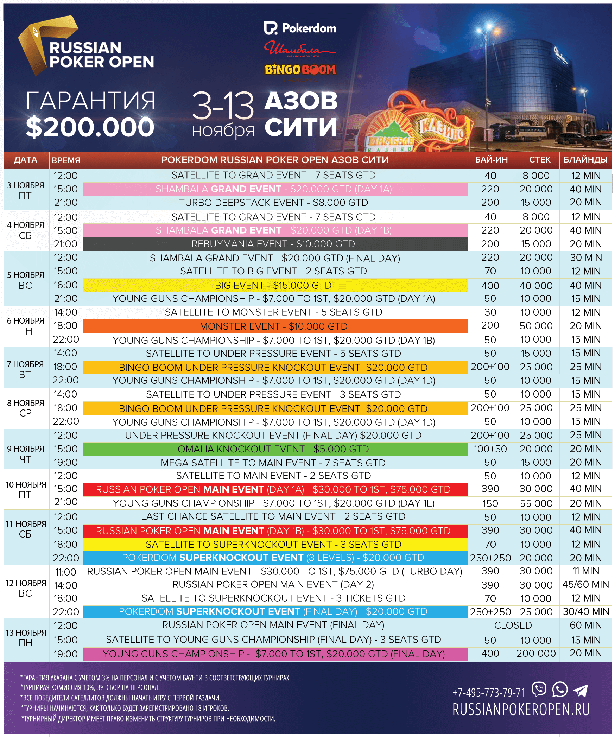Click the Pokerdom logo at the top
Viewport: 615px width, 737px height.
(300, 28)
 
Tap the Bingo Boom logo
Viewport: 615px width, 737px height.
(300, 70)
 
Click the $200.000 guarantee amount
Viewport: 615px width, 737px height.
(90, 127)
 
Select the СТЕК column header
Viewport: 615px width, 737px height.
(539, 160)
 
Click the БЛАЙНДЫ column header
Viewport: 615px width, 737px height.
(585, 160)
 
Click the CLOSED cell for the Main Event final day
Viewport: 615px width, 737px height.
(513, 625)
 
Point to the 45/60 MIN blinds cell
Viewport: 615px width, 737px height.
(585, 584)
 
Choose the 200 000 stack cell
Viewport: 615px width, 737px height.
(536, 653)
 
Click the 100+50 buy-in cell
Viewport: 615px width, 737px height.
(490, 449)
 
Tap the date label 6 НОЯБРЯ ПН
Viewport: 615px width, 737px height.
(25, 326)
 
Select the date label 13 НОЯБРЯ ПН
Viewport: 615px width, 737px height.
(25, 638)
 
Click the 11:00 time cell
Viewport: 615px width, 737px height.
(66, 572)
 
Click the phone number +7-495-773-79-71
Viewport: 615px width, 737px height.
(489, 693)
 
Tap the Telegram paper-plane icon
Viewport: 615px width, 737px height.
(581, 690)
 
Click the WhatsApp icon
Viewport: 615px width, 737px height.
(560, 689)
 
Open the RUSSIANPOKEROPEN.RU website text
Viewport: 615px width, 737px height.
(521, 710)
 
